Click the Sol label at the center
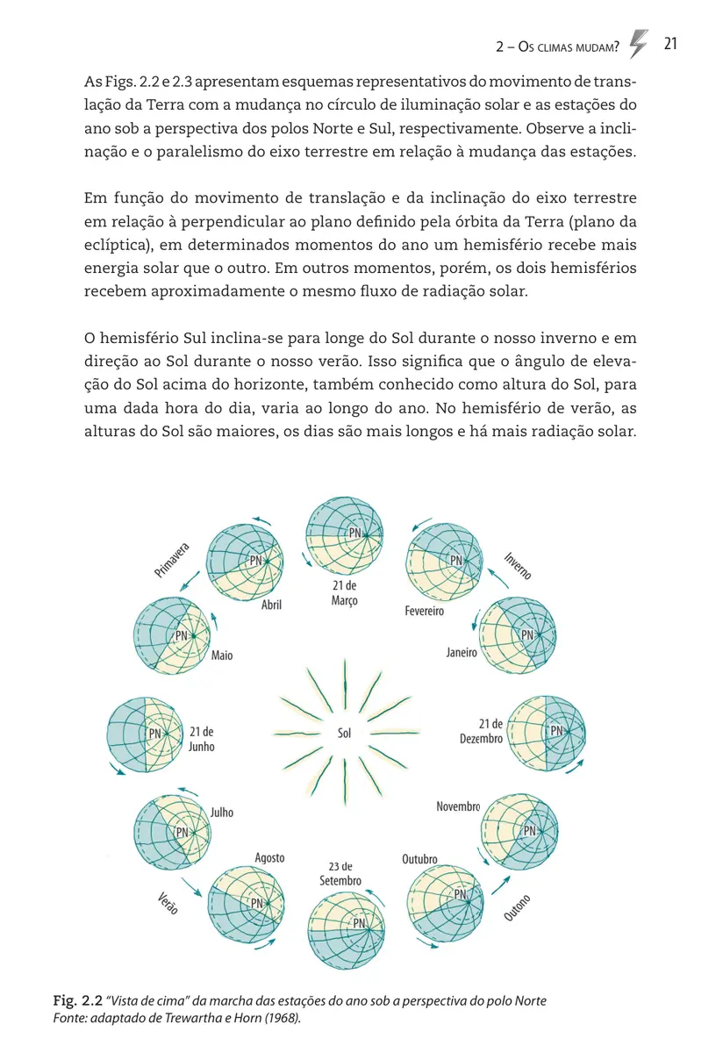coord(344,733)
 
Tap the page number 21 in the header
coord(673,46)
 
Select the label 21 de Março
coord(345,592)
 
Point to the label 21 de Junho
coord(201,739)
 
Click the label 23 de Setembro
coord(340,873)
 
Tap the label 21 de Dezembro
coord(482,731)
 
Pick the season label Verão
coord(168,904)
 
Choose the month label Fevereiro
coord(425,611)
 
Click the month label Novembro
coord(458,806)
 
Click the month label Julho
coord(222,813)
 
